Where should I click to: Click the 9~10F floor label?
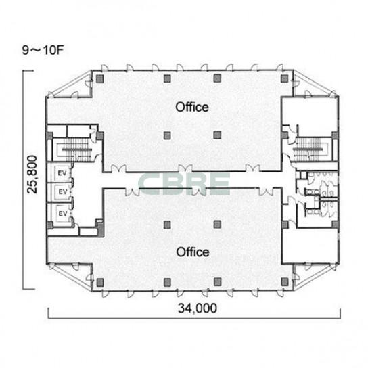(43, 50)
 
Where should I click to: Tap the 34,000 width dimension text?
(198, 308)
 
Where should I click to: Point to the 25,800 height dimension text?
(32, 175)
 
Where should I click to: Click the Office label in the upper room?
(192, 107)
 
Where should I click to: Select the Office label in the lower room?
(193, 252)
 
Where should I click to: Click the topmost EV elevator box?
(62, 173)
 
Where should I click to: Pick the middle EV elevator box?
(62, 192)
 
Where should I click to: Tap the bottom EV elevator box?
(63, 214)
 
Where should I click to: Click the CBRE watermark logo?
(184, 184)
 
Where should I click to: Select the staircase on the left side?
(73, 149)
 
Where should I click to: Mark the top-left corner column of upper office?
(100, 79)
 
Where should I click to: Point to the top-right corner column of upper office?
(284, 79)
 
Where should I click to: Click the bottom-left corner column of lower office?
(100, 282)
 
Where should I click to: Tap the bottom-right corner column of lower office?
(285, 282)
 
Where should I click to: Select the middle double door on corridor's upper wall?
(185, 168)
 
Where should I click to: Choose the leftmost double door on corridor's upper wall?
(118, 168)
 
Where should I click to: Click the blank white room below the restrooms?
(310, 246)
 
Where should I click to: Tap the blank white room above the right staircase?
(310, 116)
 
